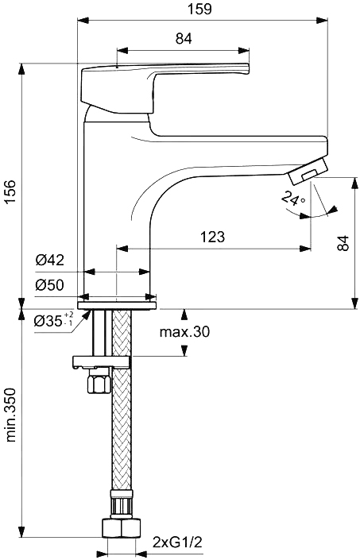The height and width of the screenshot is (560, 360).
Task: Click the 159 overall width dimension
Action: point(203,9)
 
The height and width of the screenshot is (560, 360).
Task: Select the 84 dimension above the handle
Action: point(184,39)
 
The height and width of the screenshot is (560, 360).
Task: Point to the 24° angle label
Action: point(293,199)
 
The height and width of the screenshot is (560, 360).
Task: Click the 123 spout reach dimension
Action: point(213,237)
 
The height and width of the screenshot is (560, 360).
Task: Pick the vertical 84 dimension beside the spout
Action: point(343,242)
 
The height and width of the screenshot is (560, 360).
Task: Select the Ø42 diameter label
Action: point(49,260)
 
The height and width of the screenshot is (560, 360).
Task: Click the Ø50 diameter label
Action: point(49,285)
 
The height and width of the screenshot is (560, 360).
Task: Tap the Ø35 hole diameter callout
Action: point(53,319)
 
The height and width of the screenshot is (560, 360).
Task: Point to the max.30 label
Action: point(184,332)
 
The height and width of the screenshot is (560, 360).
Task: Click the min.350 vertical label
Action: point(10,415)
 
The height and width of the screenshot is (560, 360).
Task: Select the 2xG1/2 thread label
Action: point(177,543)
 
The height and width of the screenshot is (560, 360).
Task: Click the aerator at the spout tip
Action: point(308,172)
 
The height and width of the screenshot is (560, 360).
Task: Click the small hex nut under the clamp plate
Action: point(99,381)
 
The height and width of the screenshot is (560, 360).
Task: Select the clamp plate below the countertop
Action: point(101,361)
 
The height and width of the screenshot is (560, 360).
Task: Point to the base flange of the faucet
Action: point(116,305)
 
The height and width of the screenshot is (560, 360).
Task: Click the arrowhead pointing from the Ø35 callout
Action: point(85,315)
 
